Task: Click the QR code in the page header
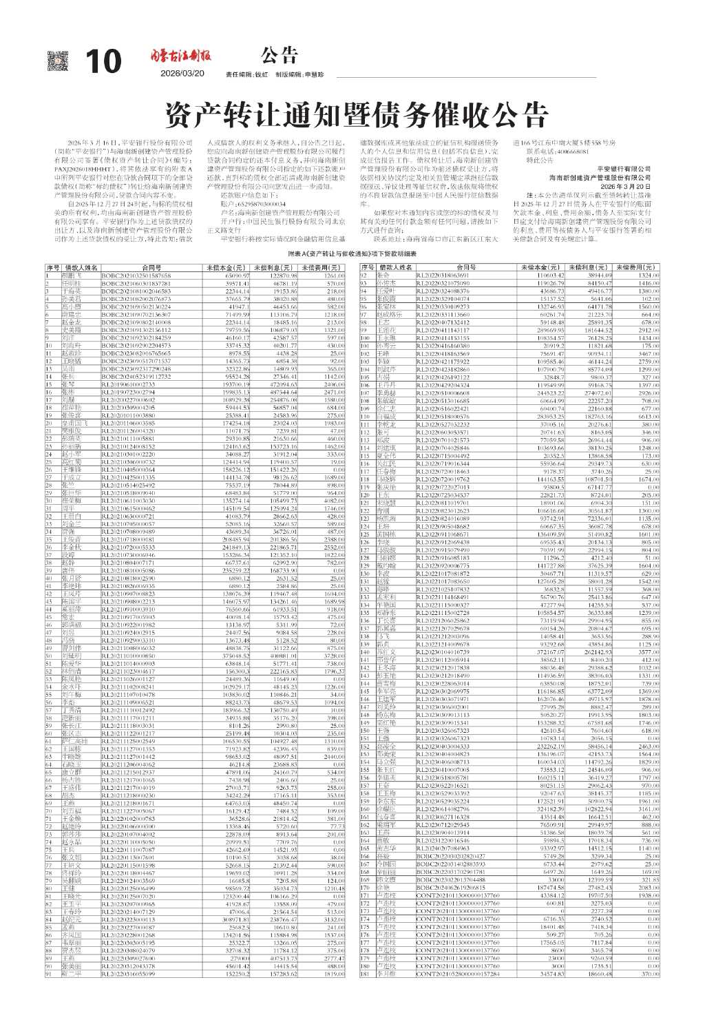pos(59,62)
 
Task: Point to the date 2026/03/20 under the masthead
pos(182,74)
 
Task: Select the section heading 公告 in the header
pos(279,55)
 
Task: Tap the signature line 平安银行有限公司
pos(624,169)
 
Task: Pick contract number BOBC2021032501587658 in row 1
pos(136,275)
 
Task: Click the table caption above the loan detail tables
pos(352,254)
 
